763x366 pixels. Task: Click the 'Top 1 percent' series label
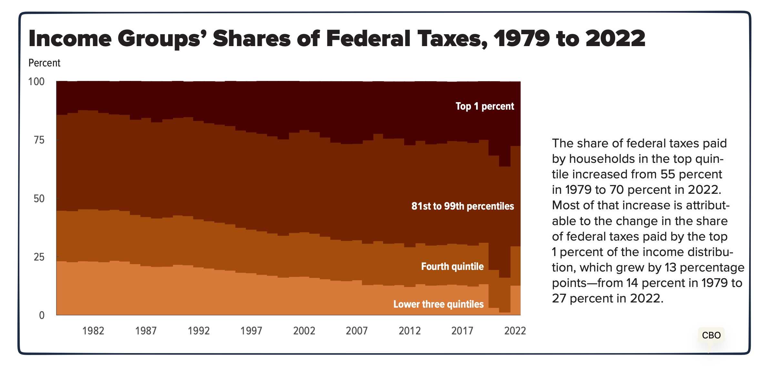click(x=484, y=106)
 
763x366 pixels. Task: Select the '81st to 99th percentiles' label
click(x=462, y=206)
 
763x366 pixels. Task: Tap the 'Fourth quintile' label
click(x=452, y=266)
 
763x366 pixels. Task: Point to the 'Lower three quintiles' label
click(x=438, y=304)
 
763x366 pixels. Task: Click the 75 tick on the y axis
click(x=39, y=140)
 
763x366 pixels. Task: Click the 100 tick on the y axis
click(x=36, y=82)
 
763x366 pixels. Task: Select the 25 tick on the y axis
click(x=39, y=257)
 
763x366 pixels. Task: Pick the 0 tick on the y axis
click(x=42, y=315)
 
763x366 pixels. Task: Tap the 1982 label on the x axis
click(x=93, y=331)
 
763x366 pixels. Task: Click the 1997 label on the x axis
click(x=251, y=331)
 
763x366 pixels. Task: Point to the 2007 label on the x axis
click(x=357, y=331)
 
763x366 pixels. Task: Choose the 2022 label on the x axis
click(x=515, y=331)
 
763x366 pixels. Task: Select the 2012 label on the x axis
click(x=409, y=331)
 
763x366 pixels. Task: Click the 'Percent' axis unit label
click(x=44, y=63)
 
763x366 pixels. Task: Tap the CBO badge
click(x=711, y=335)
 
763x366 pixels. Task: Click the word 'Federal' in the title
click(x=368, y=39)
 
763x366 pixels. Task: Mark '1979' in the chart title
click(x=521, y=39)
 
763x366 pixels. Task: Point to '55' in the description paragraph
click(x=667, y=174)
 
